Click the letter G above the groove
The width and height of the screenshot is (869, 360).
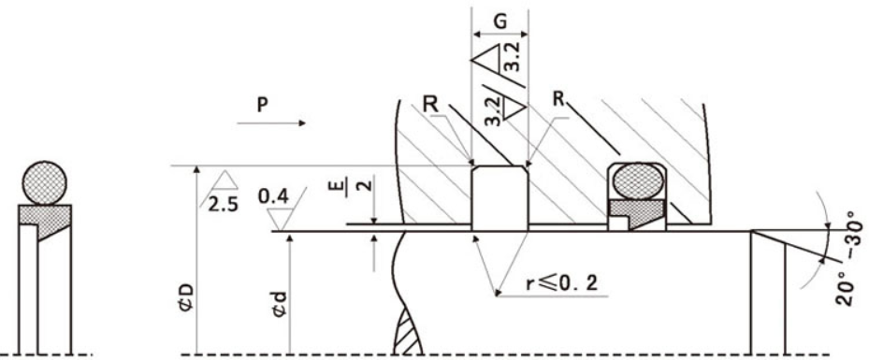[x=500, y=22]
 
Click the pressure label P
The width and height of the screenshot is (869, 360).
[x=263, y=106]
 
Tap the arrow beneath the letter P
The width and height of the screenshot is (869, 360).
[x=271, y=122]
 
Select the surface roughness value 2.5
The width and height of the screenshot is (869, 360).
[x=224, y=205]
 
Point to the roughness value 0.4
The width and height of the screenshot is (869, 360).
[x=274, y=196]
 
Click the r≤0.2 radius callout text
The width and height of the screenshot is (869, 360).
[x=562, y=283]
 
